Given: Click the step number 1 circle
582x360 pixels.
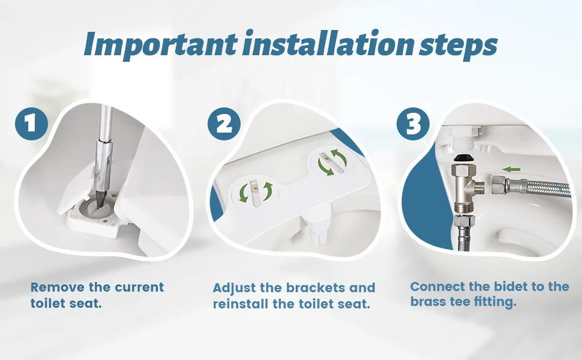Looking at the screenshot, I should tap(31, 125).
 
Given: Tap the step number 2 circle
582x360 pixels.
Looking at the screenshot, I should tap(224, 125).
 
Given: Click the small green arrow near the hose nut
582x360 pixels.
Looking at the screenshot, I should tap(511, 169).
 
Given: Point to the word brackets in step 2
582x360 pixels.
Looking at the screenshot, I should tap(313, 288).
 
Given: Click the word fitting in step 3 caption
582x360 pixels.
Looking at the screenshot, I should tap(494, 302).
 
